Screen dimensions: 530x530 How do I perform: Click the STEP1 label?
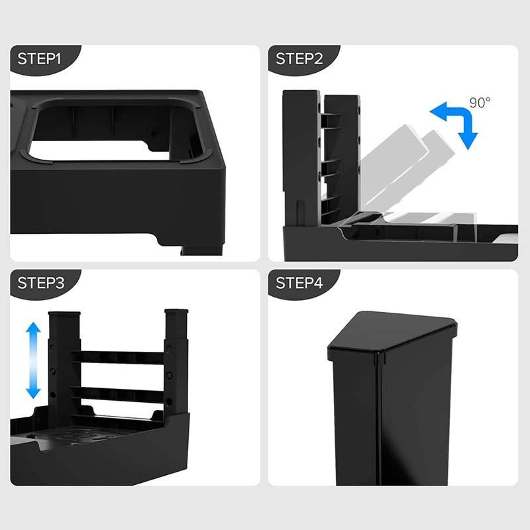click(39, 59)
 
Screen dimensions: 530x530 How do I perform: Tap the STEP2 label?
click(299, 59)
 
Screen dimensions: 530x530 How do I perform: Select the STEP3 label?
click(40, 283)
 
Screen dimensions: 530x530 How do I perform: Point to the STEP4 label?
click(299, 283)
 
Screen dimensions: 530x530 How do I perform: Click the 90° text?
click(480, 103)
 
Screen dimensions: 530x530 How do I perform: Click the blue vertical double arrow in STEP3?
click(33, 360)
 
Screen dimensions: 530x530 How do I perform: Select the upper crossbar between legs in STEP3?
click(118, 357)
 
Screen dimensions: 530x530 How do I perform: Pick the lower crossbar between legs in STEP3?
click(118, 394)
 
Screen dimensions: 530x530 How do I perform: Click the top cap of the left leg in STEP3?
click(64, 314)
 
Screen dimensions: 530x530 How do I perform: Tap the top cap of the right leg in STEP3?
click(176, 311)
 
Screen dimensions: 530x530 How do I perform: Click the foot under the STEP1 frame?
click(201, 250)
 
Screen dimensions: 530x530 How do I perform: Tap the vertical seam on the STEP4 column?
click(380, 419)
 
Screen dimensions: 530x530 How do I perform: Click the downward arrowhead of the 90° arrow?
click(468, 141)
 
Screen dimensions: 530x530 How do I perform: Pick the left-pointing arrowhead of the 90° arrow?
click(438, 111)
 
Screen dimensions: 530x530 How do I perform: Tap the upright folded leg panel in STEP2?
click(341, 159)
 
